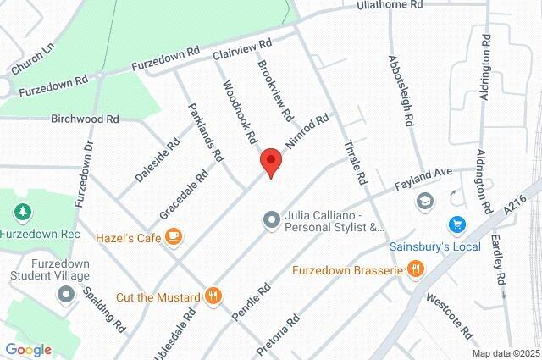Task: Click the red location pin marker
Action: point(270,162)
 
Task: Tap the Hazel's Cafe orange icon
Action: point(174,238)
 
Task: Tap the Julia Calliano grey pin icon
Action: point(271,221)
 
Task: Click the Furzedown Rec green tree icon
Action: point(18,211)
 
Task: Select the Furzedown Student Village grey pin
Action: point(65,295)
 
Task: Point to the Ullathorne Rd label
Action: point(390,6)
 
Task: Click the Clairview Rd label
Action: point(241,50)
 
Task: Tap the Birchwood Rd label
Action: point(84,119)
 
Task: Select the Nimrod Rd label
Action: point(306,132)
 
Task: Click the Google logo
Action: point(28,350)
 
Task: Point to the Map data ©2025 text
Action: point(506,353)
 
